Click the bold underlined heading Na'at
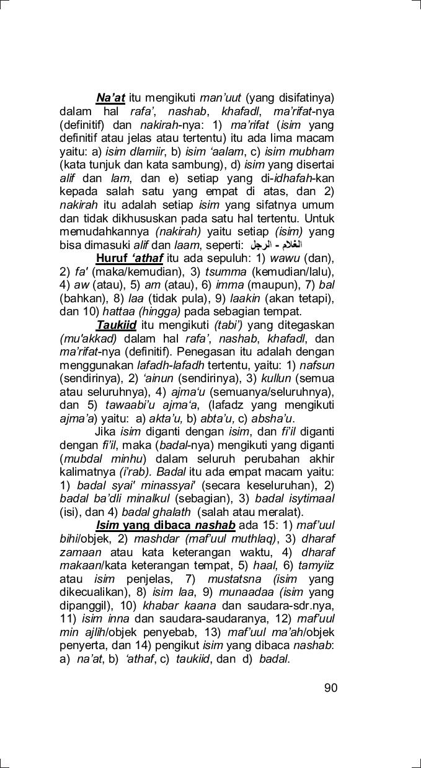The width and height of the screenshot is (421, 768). pos(110,98)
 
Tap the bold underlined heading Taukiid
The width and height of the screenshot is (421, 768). pos(117,325)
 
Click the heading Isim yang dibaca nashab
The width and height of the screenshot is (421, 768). pos(166,526)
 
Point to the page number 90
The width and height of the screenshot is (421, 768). pos(330,687)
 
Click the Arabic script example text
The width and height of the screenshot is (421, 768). pos(276,245)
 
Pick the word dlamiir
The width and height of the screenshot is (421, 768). pos(148,151)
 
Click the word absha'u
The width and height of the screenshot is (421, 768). pos(272,419)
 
